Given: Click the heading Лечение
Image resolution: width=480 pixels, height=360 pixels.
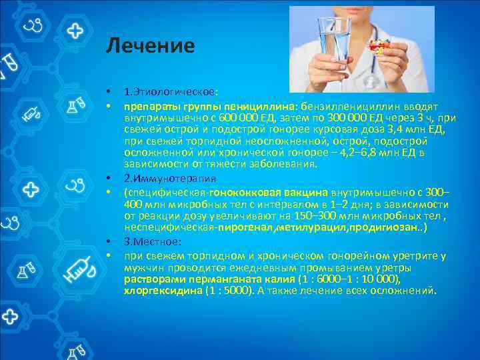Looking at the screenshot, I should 150,46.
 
